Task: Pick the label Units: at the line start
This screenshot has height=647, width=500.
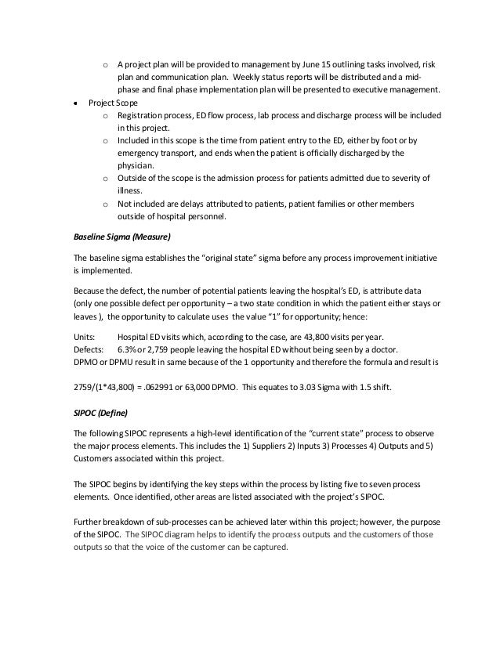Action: [84, 335]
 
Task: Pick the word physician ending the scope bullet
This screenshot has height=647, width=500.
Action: [138, 166]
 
